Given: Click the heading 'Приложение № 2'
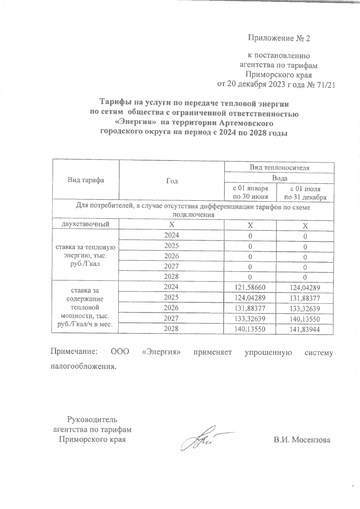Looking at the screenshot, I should pyautogui.click(x=279, y=38).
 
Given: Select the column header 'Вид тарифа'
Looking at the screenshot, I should pyautogui.click(x=85, y=180).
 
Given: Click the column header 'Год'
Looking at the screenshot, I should pyautogui.click(x=172, y=181).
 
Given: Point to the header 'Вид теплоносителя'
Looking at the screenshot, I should pyautogui.click(x=280, y=168).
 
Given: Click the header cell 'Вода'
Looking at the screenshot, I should pyautogui.click(x=280, y=178).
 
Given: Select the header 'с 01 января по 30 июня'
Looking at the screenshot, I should pyautogui.click(x=250, y=193).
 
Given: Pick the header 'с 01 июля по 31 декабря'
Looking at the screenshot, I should pyautogui.click(x=305, y=193).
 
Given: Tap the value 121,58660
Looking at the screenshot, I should pyautogui.click(x=250, y=287).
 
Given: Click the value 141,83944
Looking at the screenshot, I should pyautogui.click(x=305, y=329).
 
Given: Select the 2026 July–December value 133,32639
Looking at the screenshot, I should pyautogui.click(x=305, y=309).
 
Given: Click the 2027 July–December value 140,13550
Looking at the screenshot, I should pyautogui.click(x=305, y=319).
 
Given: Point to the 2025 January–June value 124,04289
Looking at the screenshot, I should pyautogui.click(x=250, y=298).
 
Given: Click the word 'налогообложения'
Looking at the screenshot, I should pyautogui.click(x=83, y=366).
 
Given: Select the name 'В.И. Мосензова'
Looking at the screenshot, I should pyautogui.click(x=301, y=440).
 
